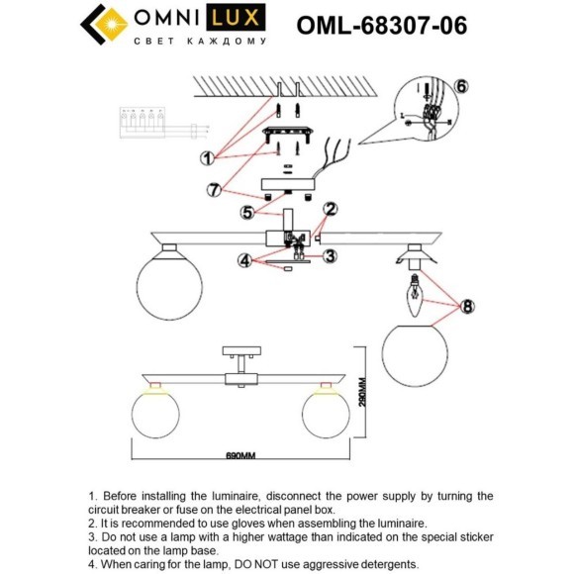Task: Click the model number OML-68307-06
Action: point(382,25)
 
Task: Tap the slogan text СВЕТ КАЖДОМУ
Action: point(199,44)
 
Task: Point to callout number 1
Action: point(207,157)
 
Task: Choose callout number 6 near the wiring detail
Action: point(461,86)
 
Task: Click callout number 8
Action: point(467,307)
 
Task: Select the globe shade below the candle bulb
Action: point(413,345)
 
